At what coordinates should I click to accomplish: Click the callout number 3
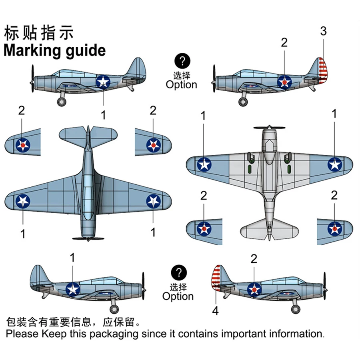[x=323, y=32]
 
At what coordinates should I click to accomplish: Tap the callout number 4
[x=216, y=311]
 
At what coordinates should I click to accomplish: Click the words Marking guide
[x=54, y=51]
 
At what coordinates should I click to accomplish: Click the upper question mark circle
[x=182, y=61]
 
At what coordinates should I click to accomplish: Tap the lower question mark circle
[x=178, y=273]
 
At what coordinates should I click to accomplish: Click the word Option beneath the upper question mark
[x=182, y=85]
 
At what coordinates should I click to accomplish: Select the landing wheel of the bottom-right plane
[x=295, y=309]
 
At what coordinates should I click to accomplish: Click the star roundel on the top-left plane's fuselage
[x=103, y=82]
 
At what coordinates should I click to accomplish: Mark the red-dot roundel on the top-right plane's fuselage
[x=284, y=82]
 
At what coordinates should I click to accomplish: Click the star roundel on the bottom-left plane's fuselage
[x=72, y=288]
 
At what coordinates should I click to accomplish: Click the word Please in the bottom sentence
[x=21, y=333]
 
